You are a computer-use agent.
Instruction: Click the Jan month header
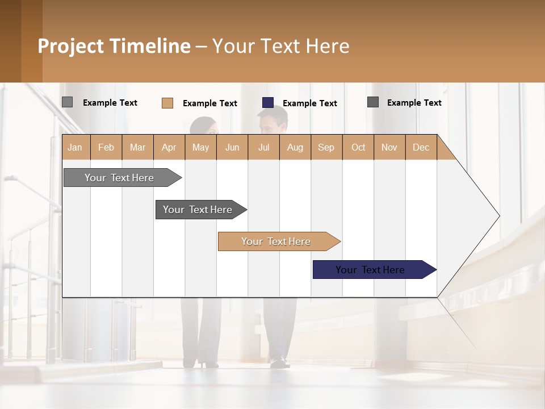tap(76, 148)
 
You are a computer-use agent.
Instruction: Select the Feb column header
tap(106, 148)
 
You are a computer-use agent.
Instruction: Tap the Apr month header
tap(169, 148)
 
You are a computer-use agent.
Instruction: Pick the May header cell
tap(200, 148)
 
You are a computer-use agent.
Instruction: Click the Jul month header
tap(263, 148)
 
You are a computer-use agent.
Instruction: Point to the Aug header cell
tap(295, 148)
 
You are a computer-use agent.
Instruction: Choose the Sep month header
tap(326, 148)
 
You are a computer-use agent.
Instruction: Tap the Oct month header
tap(358, 148)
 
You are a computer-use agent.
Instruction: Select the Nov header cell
tap(389, 148)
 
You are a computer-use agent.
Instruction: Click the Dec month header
tap(421, 148)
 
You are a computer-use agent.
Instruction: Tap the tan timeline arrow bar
tap(276, 241)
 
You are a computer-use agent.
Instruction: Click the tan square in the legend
tap(167, 103)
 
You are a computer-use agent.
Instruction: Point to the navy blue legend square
tap(268, 103)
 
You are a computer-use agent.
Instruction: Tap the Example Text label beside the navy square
tap(310, 103)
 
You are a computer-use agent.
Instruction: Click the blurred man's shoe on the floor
tap(279, 362)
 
